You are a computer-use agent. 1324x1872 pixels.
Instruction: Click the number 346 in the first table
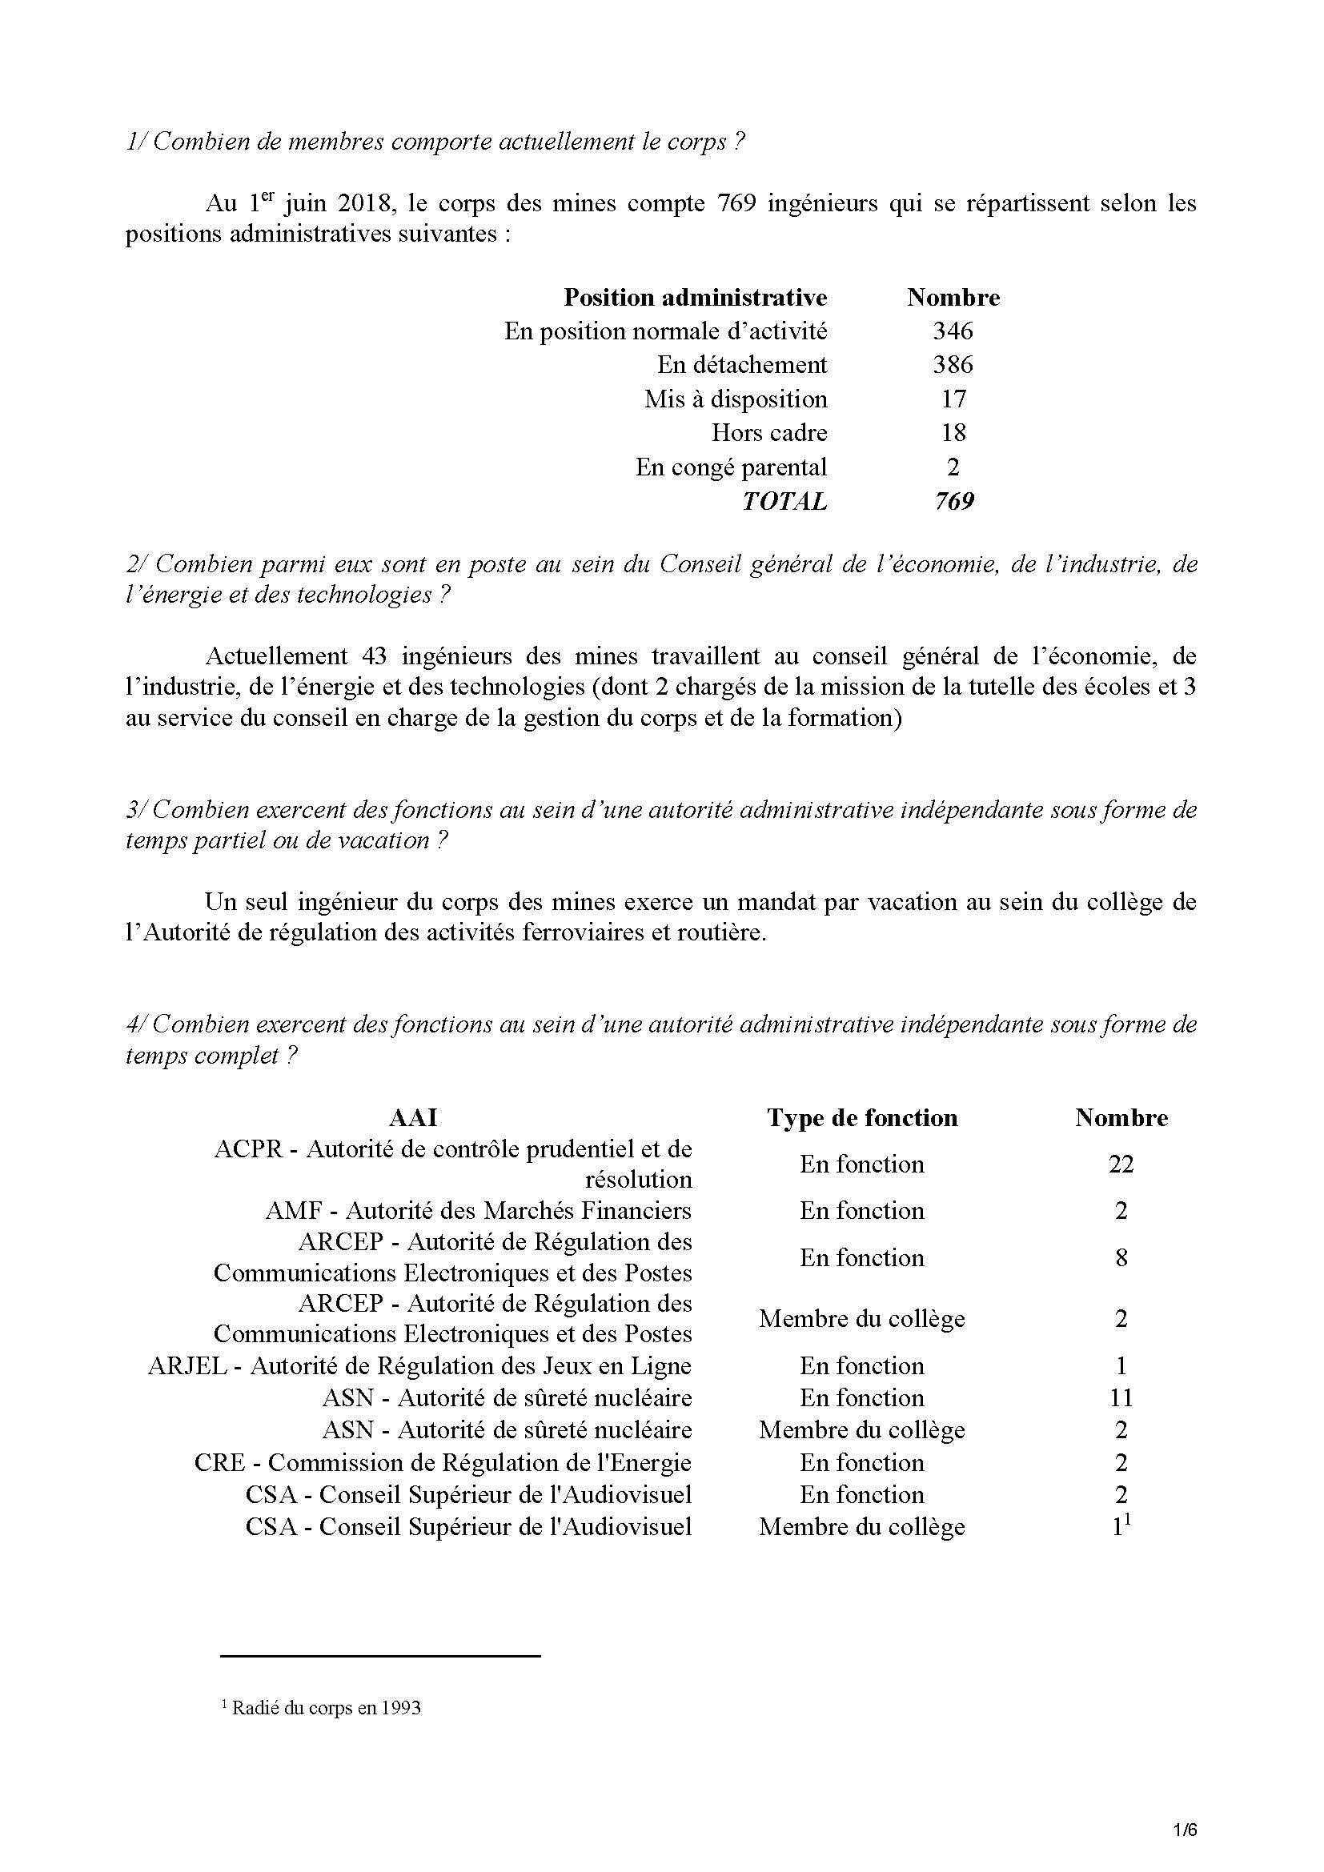click(953, 331)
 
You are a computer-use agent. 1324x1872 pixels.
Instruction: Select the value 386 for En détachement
click(953, 364)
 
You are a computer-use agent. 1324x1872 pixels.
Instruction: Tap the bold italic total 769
click(954, 500)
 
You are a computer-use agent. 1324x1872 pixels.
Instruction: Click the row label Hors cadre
click(768, 433)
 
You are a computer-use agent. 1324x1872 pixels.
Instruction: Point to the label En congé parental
click(732, 467)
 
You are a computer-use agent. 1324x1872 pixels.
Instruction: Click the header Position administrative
click(695, 297)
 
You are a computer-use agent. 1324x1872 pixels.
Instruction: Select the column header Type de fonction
click(862, 1118)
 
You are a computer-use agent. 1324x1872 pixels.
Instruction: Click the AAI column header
click(413, 1118)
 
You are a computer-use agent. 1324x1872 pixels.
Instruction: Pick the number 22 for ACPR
click(1121, 1164)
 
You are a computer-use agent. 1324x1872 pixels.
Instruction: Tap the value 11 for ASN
click(1121, 1398)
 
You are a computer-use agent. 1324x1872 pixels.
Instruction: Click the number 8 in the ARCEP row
click(1121, 1258)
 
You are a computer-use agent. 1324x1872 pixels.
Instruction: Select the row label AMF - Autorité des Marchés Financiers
click(479, 1211)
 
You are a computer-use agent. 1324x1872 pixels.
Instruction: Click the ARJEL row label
click(420, 1366)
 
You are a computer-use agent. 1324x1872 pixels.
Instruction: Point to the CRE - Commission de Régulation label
click(443, 1464)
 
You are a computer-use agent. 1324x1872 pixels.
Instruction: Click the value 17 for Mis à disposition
click(953, 399)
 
